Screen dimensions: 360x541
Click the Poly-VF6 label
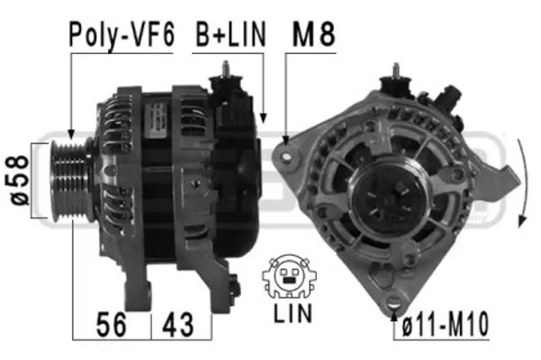click(122, 35)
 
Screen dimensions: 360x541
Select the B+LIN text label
click(230, 35)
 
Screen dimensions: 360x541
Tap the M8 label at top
click(313, 35)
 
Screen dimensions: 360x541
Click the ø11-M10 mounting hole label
click(445, 325)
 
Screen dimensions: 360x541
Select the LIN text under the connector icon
click(292, 313)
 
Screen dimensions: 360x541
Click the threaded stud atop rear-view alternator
click(394, 74)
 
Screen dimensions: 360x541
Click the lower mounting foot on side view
click(134, 295)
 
